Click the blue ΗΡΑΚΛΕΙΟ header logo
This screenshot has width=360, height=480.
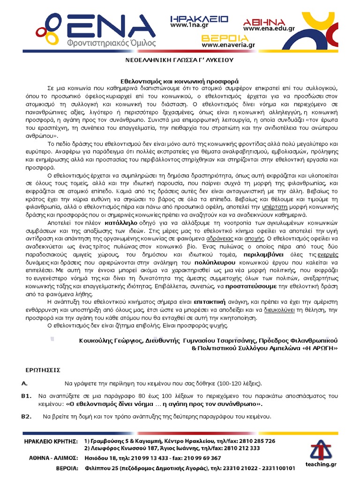pos(199,19)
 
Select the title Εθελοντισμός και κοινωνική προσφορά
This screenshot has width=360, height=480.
pos(180,80)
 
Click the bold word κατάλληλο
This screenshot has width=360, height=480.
pos(120,222)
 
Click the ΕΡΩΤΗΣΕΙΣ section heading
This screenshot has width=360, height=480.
pos(41,369)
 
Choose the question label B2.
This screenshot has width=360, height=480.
pos(26,416)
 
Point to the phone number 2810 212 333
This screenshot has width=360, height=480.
pos(237,448)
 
